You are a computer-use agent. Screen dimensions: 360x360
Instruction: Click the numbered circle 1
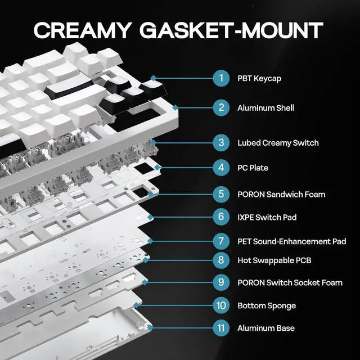[221, 78]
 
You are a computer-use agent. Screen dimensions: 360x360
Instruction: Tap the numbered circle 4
[221, 167]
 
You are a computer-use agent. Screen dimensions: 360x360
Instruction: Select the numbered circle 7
[221, 241]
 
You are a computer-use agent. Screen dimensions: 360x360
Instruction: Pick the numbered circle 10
[221, 305]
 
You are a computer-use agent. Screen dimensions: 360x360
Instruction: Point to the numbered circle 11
[221, 327]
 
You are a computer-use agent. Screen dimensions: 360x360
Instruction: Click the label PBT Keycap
[259, 78]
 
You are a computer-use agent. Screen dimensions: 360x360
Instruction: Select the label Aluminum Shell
[265, 107]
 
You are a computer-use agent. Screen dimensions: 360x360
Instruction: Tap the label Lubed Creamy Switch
[278, 143]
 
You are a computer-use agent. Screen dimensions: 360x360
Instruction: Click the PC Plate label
[253, 168]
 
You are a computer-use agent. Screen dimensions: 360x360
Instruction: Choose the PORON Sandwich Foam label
[281, 195]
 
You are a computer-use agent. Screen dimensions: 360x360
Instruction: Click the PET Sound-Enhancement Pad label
[291, 241]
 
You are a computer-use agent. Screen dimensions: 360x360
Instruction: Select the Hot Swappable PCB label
[274, 260]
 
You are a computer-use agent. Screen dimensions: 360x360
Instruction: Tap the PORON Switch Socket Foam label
[290, 282]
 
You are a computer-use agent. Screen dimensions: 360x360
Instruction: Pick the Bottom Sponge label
[267, 306]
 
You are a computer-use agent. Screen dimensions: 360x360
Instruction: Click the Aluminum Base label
[265, 328]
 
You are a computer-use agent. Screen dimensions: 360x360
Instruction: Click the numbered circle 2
[221, 107]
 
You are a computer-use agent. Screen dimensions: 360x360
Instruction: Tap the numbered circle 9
[221, 282]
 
